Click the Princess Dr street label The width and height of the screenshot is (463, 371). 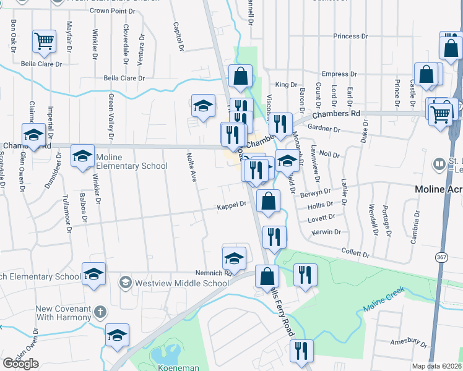(350, 36)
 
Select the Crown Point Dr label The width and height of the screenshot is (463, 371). (112, 11)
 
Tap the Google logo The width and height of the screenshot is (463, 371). (21, 364)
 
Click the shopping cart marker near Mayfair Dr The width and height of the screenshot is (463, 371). (45, 41)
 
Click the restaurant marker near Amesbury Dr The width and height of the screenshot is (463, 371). (301, 350)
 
